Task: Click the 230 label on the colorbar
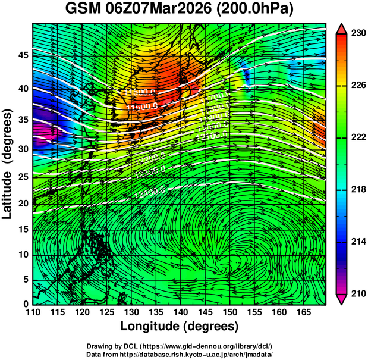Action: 357,33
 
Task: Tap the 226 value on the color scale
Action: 357,86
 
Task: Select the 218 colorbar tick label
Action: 357,190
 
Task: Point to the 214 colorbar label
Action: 357,242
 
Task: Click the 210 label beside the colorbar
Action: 357,293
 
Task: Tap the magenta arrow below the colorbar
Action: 341,299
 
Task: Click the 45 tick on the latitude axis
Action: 22,55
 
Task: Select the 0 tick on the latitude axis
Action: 25,304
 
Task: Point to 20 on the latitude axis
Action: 22,203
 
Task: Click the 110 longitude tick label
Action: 33,312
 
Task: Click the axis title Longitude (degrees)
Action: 180,326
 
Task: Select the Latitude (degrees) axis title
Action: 8,164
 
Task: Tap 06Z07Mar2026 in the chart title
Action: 169,10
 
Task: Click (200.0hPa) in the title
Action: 265,10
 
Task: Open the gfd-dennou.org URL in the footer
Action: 212,346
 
